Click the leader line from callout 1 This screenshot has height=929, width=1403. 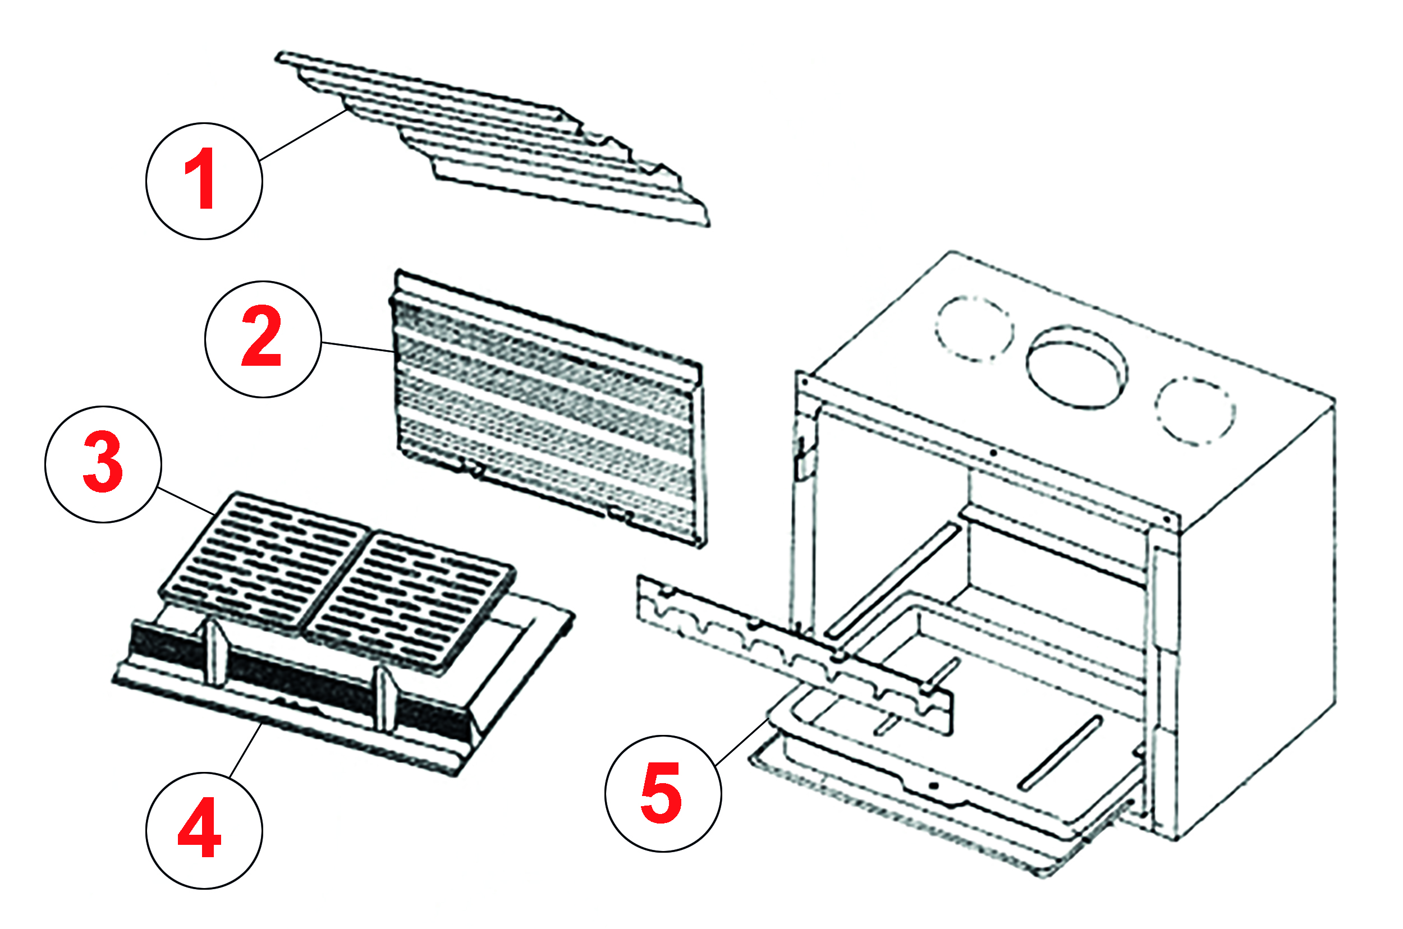[302, 135]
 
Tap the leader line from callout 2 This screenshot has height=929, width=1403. [358, 347]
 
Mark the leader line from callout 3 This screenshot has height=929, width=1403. [187, 501]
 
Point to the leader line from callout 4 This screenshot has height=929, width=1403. [245, 751]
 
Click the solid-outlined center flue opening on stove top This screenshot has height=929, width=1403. [1077, 367]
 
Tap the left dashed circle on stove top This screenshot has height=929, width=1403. [974, 328]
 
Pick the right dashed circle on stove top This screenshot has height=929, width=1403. [1194, 411]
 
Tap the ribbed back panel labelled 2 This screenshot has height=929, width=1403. [548, 409]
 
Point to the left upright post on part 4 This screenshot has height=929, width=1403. [217, 652]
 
